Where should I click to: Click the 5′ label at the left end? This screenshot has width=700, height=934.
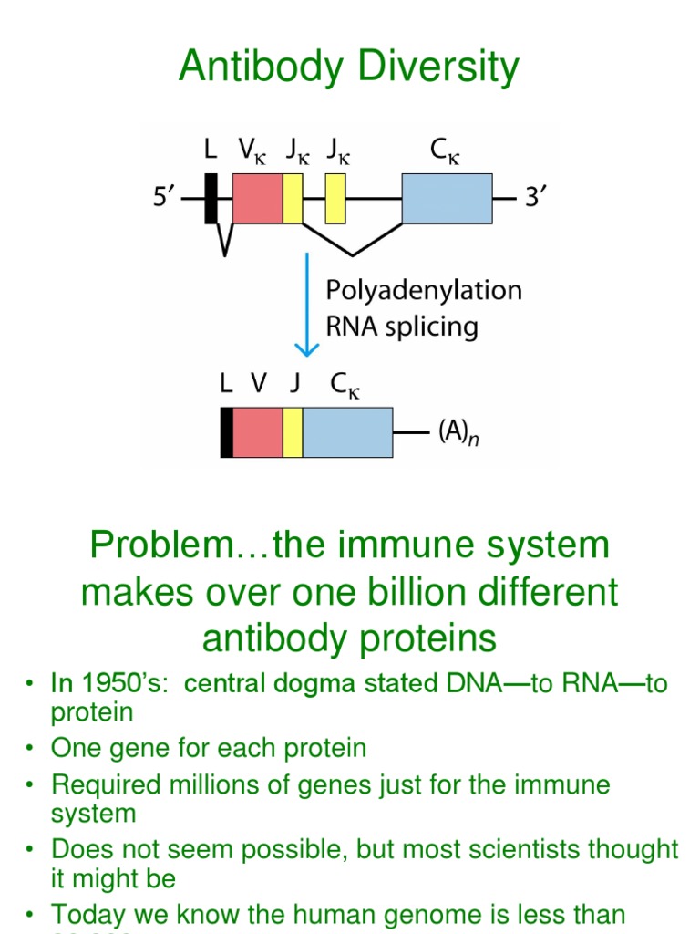click(x=165, y=197)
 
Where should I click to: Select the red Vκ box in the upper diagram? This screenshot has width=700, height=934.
click(x=257, y=198)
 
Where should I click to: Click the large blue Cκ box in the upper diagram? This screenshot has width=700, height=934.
click(x=447, y=198)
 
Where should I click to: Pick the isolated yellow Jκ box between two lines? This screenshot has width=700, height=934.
click(x=335, y=198)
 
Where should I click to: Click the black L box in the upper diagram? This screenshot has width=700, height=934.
click(x=211, y=198)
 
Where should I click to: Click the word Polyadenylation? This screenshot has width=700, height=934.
click(x=424, y=291)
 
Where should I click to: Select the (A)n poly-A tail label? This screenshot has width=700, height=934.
click(x=461, y=431)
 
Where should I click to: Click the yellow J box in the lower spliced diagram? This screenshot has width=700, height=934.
click(x=293, y=432)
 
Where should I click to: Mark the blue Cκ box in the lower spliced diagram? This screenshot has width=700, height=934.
click(x=347, y=432)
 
